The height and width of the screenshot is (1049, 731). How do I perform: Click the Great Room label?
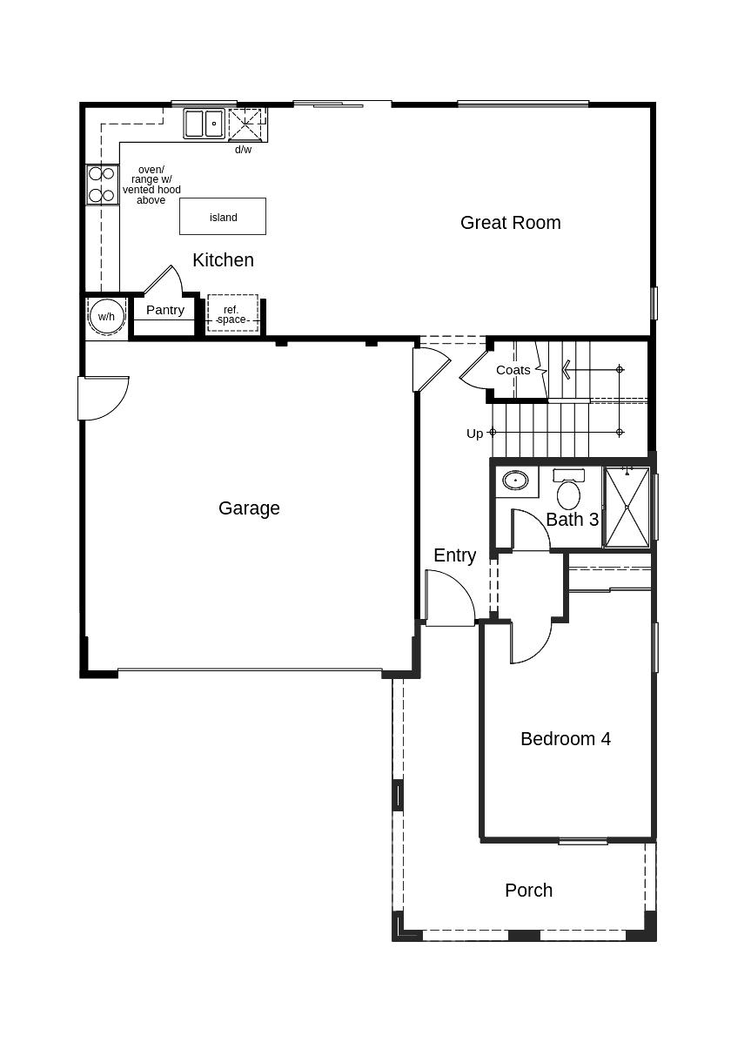point(510,223)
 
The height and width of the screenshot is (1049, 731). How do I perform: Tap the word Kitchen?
point(223,260)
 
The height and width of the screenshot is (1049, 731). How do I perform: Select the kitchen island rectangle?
point(223,217)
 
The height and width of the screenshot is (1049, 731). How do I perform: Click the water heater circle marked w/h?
point(107,317)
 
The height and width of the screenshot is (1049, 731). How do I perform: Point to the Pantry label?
point(164,310)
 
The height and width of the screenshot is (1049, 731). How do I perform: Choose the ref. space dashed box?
point(232,313)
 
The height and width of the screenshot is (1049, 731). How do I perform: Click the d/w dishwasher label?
point(243,150)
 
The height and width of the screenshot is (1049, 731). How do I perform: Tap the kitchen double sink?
point(204,124)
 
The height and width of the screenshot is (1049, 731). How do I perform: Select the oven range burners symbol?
point(102,185)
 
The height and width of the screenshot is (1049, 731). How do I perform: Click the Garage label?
point(249,508)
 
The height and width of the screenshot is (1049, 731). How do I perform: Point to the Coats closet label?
point(513,371)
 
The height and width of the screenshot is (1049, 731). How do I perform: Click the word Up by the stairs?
point(474,434)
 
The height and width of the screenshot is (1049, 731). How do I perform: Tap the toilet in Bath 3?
point(568,489)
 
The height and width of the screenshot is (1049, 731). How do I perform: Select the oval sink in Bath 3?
point(515,481)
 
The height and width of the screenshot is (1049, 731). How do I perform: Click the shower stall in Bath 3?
point(627,508)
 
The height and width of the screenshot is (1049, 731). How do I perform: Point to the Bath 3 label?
point(573,520)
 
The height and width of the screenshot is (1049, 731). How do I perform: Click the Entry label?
point(455,555)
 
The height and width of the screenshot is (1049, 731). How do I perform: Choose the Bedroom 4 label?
point(566,739)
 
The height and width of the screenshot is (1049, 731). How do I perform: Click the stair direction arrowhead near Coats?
point(566,369)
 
